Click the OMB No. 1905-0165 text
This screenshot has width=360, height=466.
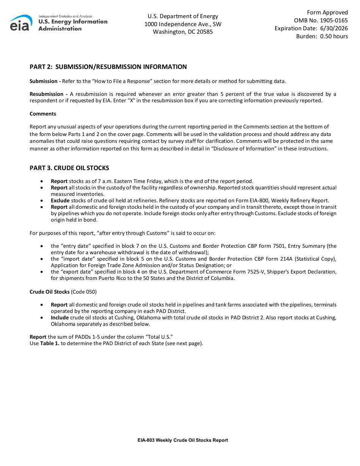tap(321, 20)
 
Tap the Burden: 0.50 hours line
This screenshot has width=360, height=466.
tap(322, 36)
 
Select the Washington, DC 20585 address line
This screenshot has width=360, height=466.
tap(183, 32)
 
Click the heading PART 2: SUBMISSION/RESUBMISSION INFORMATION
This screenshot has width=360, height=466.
tap(108, 67)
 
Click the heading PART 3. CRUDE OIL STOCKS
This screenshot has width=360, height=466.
tap(69, 168)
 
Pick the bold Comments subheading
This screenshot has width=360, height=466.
tap(43, 114)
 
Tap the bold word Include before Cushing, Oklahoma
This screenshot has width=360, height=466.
tap(60, 317)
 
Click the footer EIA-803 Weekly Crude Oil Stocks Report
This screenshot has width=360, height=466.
tap(183, 440)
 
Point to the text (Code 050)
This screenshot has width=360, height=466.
tap(84, 292)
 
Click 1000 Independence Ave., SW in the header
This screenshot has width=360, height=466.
tap(183, 24)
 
